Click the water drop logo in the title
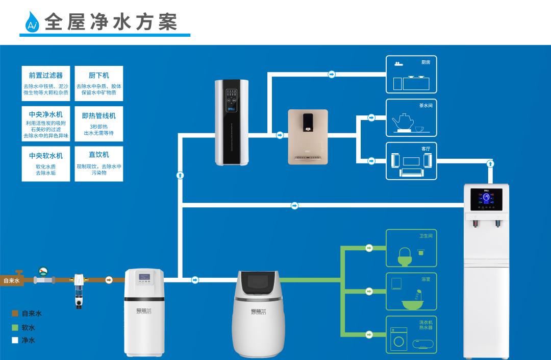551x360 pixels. (x=32, y=22)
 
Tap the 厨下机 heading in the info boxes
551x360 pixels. (x=99, y=76)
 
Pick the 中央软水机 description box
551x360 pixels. (x=46, y=164)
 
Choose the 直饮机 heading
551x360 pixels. (x=99, y=154)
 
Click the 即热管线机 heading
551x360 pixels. (x=99, y=116)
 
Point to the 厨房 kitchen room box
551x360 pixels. (x=411, y=75)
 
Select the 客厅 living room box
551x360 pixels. (x=411, y=161)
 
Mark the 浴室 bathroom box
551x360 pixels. (x=411, y=291)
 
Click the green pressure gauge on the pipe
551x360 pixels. (x=43, y=271)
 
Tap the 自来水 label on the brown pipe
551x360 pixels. (x=11, y=280)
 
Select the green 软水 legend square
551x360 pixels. (x=15, y=327)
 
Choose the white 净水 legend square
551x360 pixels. (x=15, y=340)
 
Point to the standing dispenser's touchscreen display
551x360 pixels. (x=486, y=199)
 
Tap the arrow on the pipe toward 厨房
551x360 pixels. (x=332, y=75)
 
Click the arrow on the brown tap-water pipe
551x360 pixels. (x=109, y=280)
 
